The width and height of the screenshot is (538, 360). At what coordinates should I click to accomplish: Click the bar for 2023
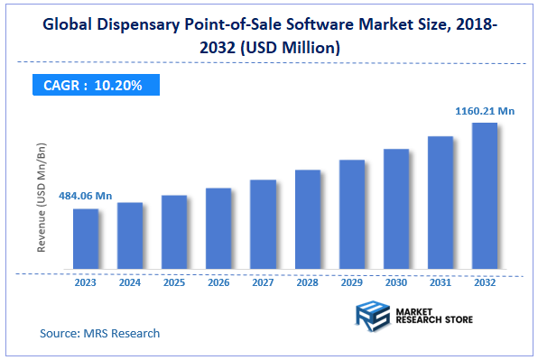click(x=86, y=239)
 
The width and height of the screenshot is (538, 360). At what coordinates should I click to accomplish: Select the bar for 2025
click(x=174, y=233)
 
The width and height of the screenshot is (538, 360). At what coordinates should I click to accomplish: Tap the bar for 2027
click(x=263, y=225)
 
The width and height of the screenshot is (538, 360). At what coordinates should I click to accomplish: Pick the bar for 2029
click(x=351, y=215)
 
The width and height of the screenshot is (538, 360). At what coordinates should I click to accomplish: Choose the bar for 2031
click(x=440, y=203)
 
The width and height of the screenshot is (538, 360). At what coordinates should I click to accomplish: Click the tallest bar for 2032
click(x=484, y=196)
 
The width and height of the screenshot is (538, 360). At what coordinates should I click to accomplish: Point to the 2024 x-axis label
click(x=130, y=282)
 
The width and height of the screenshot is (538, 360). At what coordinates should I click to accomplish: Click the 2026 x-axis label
click(x=218, y=282)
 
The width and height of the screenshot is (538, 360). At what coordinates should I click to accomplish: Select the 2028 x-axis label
click(x=307, y=282)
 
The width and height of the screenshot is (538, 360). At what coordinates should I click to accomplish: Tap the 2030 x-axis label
click(x=395, y=282)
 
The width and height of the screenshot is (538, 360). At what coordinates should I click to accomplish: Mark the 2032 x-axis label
click(x=484, y=282)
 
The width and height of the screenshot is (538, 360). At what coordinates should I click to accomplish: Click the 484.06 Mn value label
click(x=86, y=196)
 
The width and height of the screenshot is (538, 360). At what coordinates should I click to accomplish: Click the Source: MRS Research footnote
click(x=99, y=333)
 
